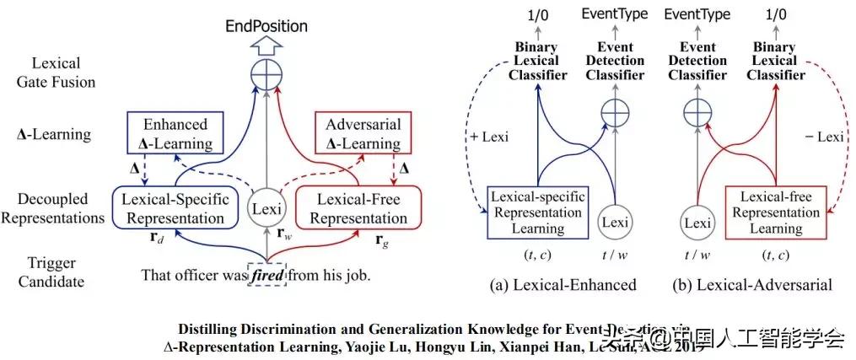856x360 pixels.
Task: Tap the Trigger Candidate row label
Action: pos(51,271)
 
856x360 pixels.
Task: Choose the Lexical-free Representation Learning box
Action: pos(777,211)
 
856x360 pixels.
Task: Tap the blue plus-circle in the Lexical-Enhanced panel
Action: pos(615,111)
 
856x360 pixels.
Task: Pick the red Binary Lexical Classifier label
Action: pos(778,61)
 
